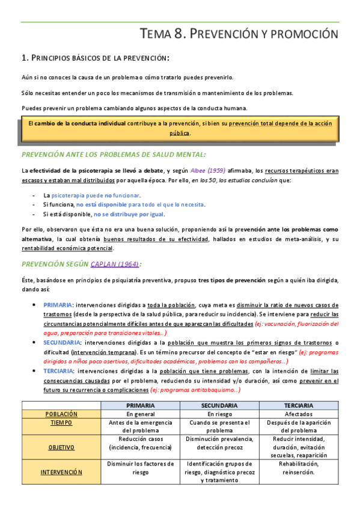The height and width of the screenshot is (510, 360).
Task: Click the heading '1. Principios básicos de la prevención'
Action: (95, 58)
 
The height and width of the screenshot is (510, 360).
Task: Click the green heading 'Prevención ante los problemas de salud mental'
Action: (114, 155)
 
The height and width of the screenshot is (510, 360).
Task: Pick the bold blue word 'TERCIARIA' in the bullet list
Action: (59, 371)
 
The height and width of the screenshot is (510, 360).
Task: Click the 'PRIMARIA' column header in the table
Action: (140, 406)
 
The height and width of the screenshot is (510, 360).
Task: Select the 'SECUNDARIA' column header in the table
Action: (219, 406)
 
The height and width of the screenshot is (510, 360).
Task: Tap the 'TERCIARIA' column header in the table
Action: (298, 406)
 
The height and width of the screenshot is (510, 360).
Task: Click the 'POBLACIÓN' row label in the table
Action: (61, 414)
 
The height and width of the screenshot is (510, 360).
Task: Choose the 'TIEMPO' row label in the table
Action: (61, 423)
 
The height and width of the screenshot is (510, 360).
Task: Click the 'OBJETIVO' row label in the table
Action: (61, 447)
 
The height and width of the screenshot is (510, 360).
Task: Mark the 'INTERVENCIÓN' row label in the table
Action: (61, 472)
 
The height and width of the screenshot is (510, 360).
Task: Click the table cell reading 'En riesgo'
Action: (219, 414)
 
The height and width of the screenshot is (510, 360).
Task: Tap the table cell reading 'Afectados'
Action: (298, 414)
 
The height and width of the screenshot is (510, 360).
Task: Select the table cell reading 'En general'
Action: (140, 414)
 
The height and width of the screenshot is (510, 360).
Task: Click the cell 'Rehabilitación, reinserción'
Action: (298, 468)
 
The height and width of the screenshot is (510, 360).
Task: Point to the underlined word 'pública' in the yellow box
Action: (179, 133)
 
